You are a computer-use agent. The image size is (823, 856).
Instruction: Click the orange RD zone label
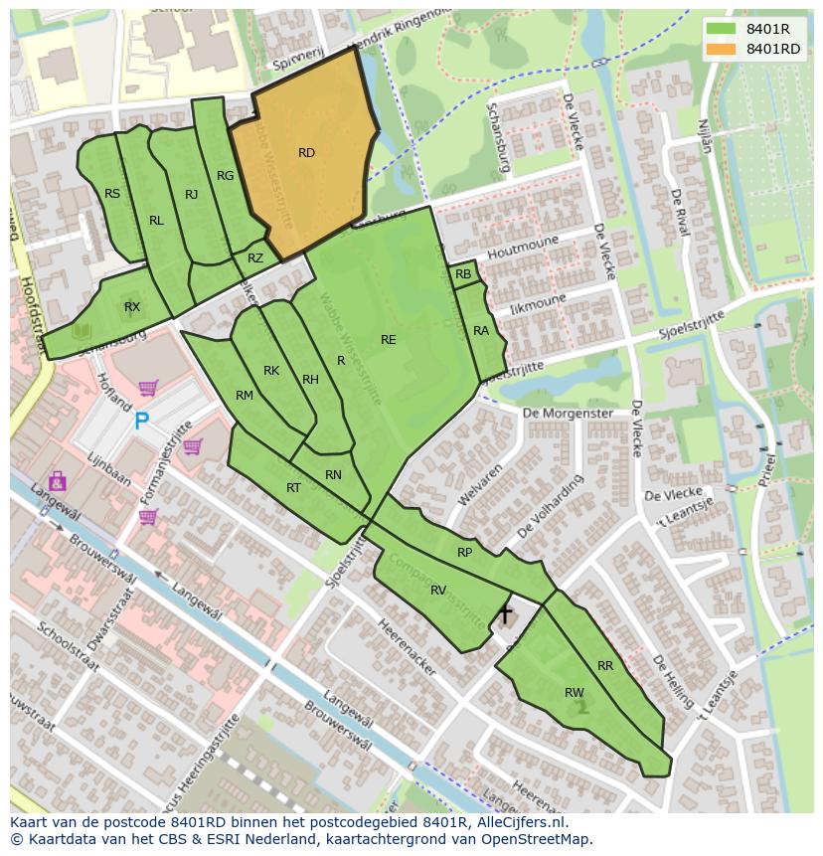306,153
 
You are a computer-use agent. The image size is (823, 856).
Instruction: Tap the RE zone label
388,340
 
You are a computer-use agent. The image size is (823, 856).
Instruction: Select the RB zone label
463,274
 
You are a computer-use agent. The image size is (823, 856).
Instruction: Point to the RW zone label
574,693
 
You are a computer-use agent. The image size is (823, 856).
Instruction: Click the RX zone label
132,307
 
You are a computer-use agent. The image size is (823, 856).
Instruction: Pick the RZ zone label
255,258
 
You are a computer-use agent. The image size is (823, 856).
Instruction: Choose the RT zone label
293,488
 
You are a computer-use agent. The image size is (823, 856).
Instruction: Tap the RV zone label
438,591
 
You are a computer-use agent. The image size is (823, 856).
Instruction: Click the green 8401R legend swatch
721,28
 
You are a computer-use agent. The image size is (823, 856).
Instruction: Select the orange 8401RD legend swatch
721,49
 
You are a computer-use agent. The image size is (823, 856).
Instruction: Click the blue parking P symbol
142,422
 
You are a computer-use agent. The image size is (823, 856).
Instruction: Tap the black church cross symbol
505,613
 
